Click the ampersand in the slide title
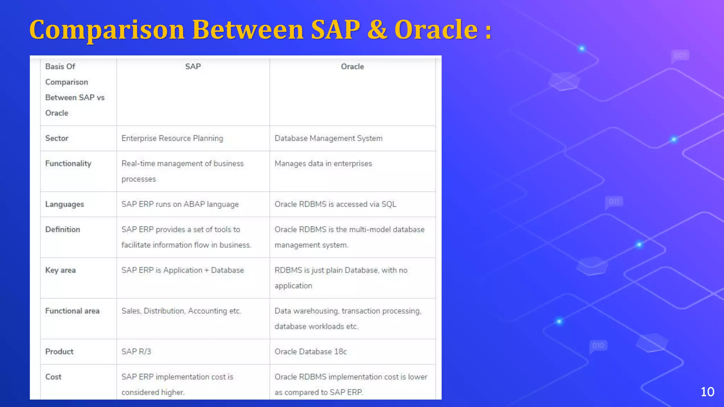[377, 30]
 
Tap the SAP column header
[193, 66]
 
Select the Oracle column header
[352, 66]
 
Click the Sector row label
[57, 138]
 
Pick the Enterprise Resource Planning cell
[172, 138]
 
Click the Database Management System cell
[328, 138]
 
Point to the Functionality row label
[68, 164]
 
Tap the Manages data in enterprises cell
[323, 164]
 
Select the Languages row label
[64, 204]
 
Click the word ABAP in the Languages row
[194, 204]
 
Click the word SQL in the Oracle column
[389, 204]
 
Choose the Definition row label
[63, 229]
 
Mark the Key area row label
[60, 270]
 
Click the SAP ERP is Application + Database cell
[182, 270]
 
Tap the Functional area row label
[72, 311]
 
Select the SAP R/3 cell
[136, 352]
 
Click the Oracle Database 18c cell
[310, 352]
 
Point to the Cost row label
[53, 377]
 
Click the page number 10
[707, 391]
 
